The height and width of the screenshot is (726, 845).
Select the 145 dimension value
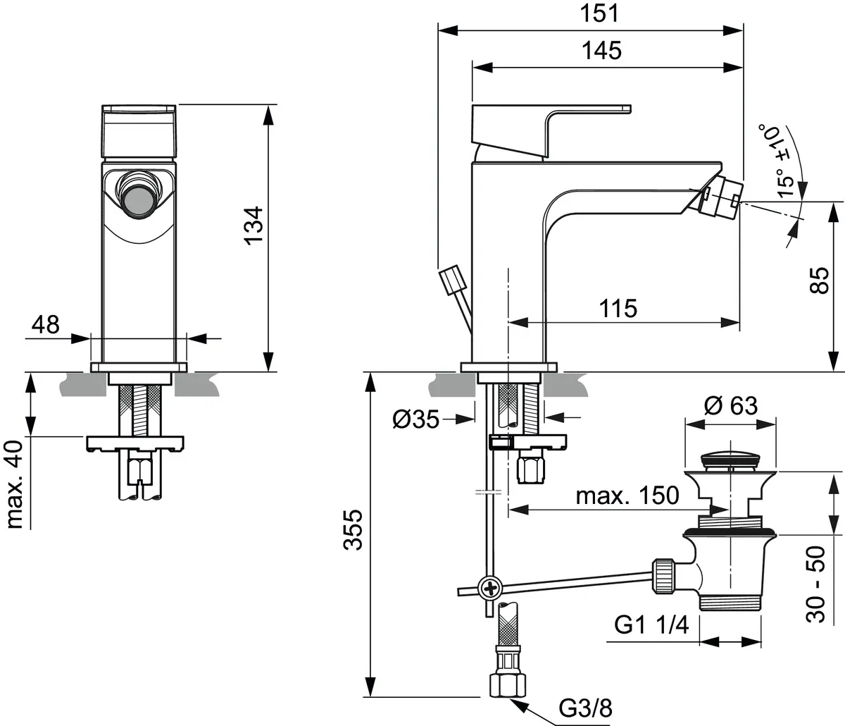[x=602, y=51]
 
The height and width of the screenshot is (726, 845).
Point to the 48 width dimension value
[x=46, y=325]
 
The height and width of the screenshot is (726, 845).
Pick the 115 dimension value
[x=618, y=308]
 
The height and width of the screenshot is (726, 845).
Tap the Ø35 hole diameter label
[x=415, y=420]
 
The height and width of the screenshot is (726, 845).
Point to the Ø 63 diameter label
[x=730, y=406]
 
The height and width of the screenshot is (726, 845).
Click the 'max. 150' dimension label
[x=627, y=496]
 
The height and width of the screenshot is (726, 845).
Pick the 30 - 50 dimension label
[x=816, y=584]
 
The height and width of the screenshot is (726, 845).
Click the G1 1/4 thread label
[x=651, y=625]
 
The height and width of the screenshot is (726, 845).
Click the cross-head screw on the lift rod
[x=489, y=587]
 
